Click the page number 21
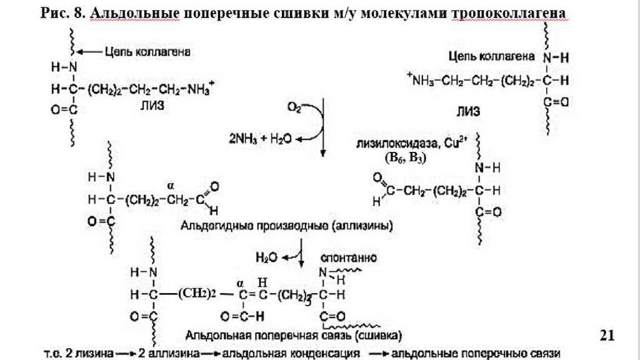(607, 336)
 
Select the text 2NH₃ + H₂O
(261, 138)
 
